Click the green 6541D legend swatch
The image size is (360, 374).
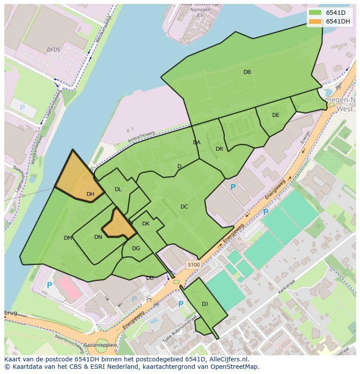point(315,13)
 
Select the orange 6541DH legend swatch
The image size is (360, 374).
point(315,22)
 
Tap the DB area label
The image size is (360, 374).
point(247,72)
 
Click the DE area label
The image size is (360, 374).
point(276,115)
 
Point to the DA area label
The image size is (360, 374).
point(197,142)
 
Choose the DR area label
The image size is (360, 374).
point(219,149)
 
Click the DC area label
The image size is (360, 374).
point(184,207)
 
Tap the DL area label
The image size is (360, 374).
point(118,189)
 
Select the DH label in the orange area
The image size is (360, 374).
point(90,194)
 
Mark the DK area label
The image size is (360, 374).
point(146,224)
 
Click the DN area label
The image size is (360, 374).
point(98,237)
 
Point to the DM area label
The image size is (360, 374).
point(68,238)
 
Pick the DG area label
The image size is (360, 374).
point(136,248)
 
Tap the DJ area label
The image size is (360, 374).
point(205,304)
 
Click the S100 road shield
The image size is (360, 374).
point(193,265)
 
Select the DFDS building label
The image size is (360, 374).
point(53,50)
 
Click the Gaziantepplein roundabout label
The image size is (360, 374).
point(101,344)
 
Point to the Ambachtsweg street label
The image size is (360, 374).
point(141,137)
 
